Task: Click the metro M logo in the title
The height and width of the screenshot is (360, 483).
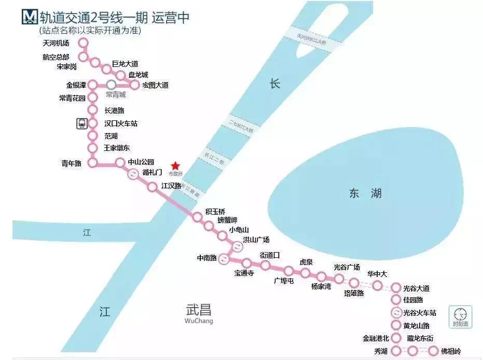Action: (29, 17)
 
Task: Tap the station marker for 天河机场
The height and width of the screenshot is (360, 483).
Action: (83, 43)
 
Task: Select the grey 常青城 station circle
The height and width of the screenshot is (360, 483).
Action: (111, 85)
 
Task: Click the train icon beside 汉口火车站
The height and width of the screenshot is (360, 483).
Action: (81, 123)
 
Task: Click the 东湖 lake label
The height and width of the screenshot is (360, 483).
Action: (365, 193)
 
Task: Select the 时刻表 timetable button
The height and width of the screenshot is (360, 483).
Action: (460, 316)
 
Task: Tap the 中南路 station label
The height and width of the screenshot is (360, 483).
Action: (206, 258)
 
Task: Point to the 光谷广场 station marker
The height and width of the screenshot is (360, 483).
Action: (339, 279)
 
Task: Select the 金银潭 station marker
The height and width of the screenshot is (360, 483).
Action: (93, 85)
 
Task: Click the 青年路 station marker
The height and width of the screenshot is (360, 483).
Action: (93, 163)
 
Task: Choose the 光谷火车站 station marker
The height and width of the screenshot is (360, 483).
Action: (396, 313)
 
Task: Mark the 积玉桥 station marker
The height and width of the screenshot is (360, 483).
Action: (197, 217)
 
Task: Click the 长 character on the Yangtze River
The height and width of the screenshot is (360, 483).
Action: (274, 84)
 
